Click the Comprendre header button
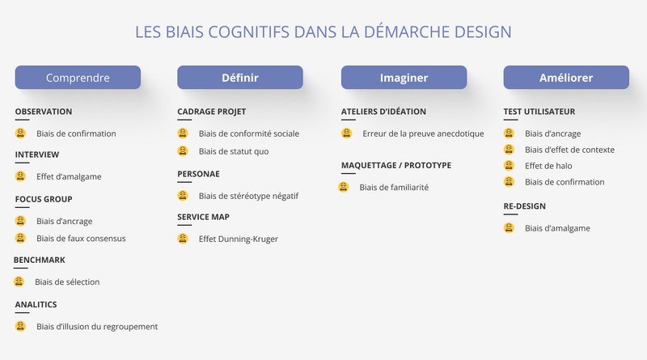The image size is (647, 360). pos(78,78)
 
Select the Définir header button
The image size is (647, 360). pos(240,78)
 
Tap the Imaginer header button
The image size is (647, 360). pos(404,78)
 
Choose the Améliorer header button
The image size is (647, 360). pos(566,78)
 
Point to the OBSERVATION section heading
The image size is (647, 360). pos(44,112)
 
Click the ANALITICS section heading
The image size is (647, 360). pos(36,304)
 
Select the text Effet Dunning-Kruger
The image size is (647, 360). pos(239,239)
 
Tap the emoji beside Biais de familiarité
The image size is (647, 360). pos(344,187)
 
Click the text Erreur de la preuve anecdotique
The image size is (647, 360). pos(423,133)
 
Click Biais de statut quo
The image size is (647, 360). pos(233,151)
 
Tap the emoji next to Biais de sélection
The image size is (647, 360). pos(19,282)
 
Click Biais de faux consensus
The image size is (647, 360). pos(81,238)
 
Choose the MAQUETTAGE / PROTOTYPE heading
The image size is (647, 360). pos(396,165)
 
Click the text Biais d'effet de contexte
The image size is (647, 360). pos(569,150)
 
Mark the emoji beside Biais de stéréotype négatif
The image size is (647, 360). pos(183,195)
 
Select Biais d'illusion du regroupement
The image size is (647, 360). pos(97,327)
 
